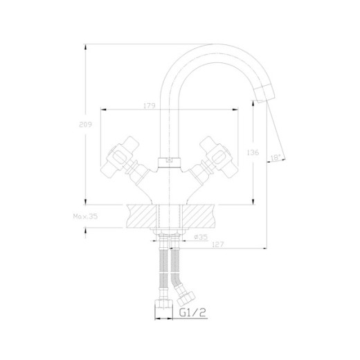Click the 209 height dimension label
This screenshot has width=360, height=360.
tap(85, 125)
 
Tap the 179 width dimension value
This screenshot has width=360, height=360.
tap(150, 106)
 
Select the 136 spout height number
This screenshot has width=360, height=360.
tap(253, 152)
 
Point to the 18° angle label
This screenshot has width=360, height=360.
tap(276, 158)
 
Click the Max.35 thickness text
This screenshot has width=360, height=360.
tap(85, 217)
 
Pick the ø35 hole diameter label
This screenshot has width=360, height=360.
tap(201, 237)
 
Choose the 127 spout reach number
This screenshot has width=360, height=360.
tap(218, 244)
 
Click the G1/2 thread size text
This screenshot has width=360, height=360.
tap(192, 313)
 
